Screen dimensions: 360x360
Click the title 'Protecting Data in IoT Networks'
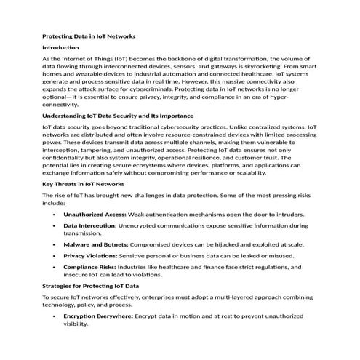coord(89,36)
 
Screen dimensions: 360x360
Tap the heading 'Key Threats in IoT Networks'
coord(84,185)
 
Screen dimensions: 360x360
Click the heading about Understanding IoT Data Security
coord(118,116)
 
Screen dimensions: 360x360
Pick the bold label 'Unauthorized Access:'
coord(95,215)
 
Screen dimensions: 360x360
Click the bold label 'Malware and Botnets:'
coord(95,245)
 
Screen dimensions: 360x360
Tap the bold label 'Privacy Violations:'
coord(91,256)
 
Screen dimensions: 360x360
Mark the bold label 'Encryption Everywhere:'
coord(97,317)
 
